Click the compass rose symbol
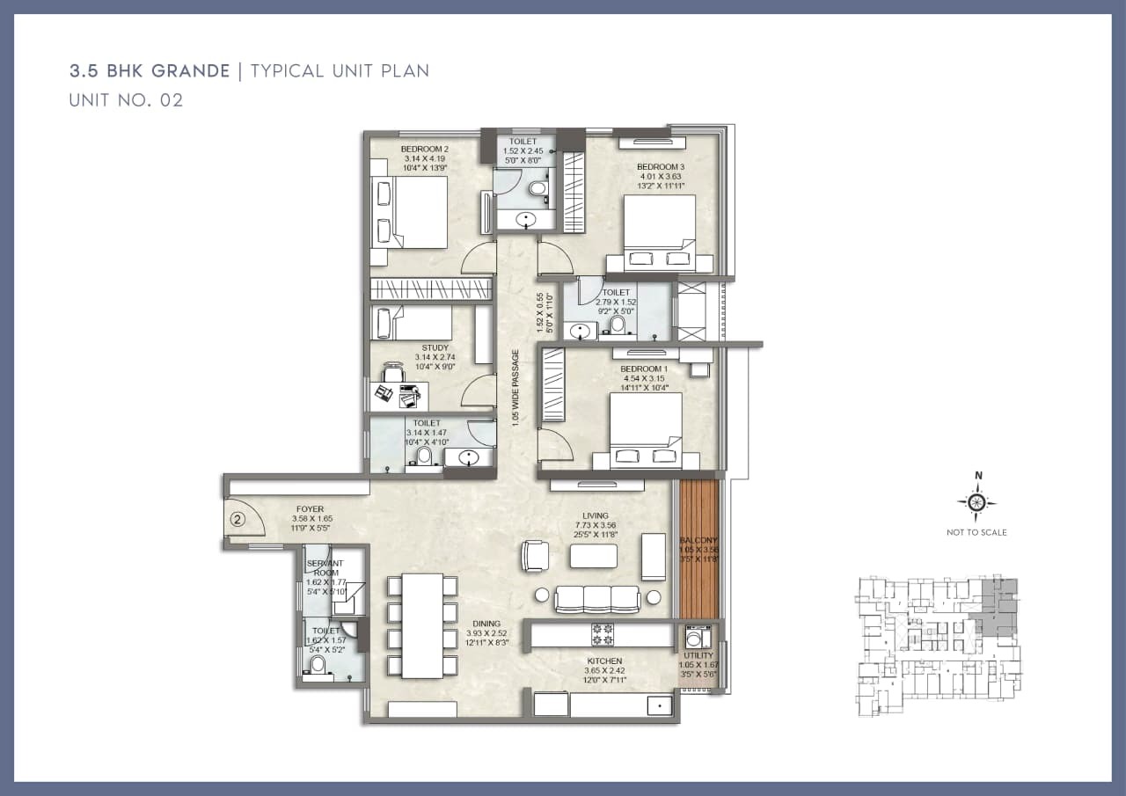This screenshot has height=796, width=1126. click(976, 503)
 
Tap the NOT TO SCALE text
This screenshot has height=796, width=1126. click(976, 532)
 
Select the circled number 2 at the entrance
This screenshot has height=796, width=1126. click(236, 519)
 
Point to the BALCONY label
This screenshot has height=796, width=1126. click(698, 539)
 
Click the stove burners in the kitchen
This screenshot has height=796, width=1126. click(603, 634)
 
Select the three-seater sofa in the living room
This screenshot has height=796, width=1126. click(596, 599)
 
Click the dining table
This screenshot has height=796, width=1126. click(421, 624)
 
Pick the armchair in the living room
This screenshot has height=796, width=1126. click(535, 555)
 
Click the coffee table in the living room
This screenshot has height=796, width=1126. click(594, 556)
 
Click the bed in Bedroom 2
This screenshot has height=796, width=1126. click(412, 212)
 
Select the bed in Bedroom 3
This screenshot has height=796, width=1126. click(660, 231)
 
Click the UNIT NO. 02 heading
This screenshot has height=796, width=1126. click(126, 100)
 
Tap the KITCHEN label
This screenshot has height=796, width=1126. click(604, 661)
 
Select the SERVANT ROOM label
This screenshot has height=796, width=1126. click(323, 567)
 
